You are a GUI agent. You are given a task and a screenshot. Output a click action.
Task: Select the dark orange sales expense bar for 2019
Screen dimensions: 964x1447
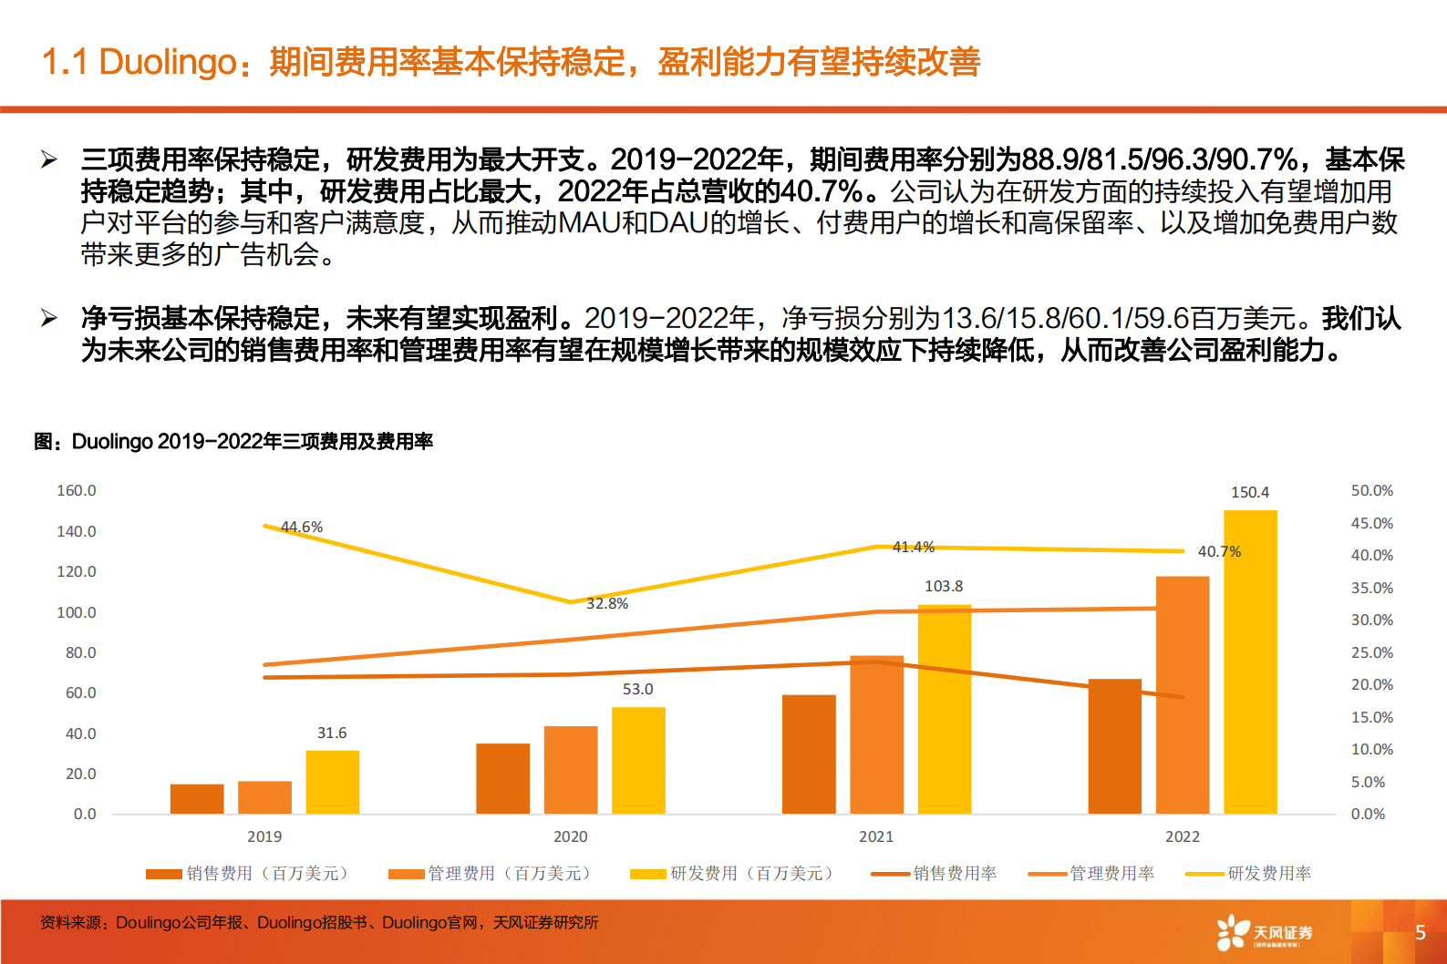click(197, 798)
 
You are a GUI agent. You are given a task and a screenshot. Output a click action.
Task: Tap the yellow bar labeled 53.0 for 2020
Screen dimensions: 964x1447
click(638, 760)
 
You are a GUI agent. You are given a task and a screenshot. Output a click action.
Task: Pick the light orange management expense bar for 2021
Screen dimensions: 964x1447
click(876, 734)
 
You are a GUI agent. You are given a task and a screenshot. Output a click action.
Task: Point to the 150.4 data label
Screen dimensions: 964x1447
click(1250, 492)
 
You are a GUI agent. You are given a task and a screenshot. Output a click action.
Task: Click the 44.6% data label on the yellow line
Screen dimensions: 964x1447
click(302, 527)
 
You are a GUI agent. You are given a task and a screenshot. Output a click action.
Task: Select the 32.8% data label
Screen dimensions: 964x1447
click(607, 603)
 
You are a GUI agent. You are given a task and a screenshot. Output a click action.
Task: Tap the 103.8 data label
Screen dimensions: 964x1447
click(944, 586)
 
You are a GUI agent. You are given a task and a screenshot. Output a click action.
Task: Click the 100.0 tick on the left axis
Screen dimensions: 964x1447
click(77, 612)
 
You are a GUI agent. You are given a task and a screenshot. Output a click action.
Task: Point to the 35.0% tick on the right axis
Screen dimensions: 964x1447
click(1371, 588)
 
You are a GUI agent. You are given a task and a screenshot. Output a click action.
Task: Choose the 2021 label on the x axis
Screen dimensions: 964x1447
click(876, 836)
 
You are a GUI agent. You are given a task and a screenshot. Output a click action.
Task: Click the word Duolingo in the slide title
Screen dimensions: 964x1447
click(168, 62)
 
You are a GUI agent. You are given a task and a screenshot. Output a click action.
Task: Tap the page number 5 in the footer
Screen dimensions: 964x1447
click(1420, 932)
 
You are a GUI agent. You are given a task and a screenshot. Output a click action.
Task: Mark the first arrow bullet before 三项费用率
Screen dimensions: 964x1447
click(49, 160)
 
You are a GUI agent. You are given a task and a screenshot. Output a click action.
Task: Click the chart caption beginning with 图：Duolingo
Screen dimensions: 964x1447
click(233, 442)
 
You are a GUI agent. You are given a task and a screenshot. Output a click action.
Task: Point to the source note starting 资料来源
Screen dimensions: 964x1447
click(319, 922)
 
